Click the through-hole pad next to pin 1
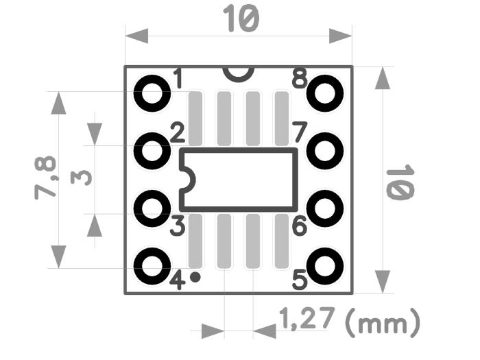point(152,93)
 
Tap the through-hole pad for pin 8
point(324,93)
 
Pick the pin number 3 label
point(177,226)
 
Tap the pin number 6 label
point(299,226)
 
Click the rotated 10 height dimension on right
point(400,182)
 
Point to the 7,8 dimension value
point(46,178)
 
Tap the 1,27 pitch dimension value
point(307,318)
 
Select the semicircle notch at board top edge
point(238,71)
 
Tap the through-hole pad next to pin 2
point(152,151)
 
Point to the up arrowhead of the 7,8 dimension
point(59,104)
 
